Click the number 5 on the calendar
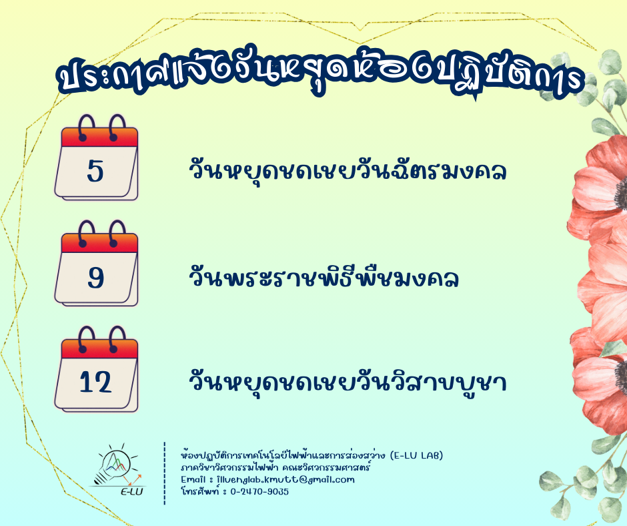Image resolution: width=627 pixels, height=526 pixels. [95, 172]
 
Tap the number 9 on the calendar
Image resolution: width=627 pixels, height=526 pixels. [96, 278]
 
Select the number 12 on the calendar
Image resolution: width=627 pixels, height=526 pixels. [95, 382]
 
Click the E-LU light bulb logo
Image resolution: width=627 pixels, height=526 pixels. [117, 469]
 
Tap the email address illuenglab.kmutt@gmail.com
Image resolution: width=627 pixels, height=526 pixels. [285, 479]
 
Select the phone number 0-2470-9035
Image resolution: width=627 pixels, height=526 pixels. [259, 491]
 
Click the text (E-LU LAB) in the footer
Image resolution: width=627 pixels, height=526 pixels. [416, 455]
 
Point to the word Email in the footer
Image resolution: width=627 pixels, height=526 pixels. [193, 479]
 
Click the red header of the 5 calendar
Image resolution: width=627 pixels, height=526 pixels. [99, 138]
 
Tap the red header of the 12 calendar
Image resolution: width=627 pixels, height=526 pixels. [99, 349]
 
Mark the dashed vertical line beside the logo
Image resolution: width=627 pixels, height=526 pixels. [164, 473]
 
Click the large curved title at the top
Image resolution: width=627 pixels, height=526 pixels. [320, 74]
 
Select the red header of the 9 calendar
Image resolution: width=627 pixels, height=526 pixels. [99, 243]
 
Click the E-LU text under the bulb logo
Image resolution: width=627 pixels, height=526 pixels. [132, 491]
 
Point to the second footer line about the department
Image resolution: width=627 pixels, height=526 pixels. [275, 467]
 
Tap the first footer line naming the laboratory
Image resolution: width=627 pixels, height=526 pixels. [312, 455]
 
